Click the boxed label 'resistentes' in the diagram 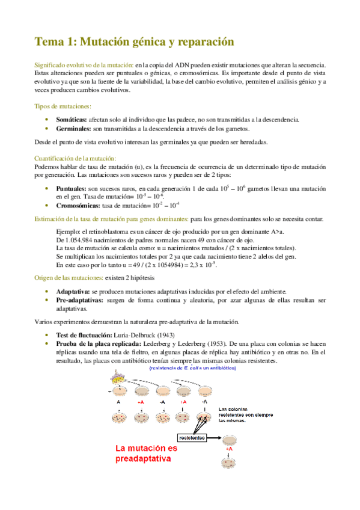[x=192, y=437]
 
